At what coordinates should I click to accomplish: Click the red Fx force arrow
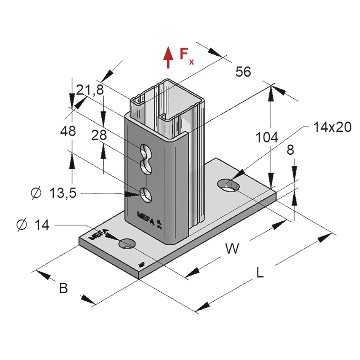coord(167,57)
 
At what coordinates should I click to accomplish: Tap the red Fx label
coord(186,56)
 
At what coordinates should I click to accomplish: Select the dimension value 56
coord(243,72)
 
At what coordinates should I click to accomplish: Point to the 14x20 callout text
coord(332,127)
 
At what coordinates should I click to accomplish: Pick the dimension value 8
coord(290,150)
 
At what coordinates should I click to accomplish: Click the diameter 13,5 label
coord(53,194)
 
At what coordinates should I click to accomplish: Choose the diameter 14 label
coord(33,225)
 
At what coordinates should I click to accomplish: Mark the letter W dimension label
coord(232,248)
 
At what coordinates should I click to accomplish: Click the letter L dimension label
coord(259,273)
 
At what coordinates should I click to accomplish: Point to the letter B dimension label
coord(63,288)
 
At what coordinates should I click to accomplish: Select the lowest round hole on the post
coord(146,194)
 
